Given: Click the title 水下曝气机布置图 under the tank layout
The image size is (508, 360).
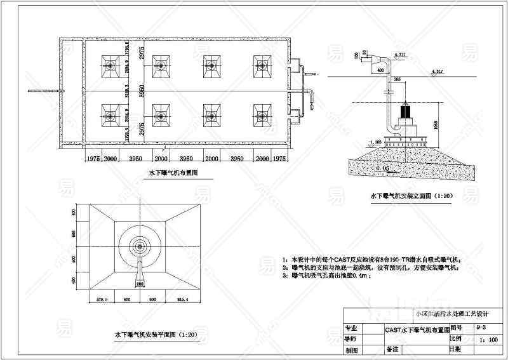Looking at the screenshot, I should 173,173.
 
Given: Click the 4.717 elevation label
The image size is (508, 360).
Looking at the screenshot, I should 400,55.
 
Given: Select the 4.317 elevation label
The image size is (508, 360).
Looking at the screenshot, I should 438,70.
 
